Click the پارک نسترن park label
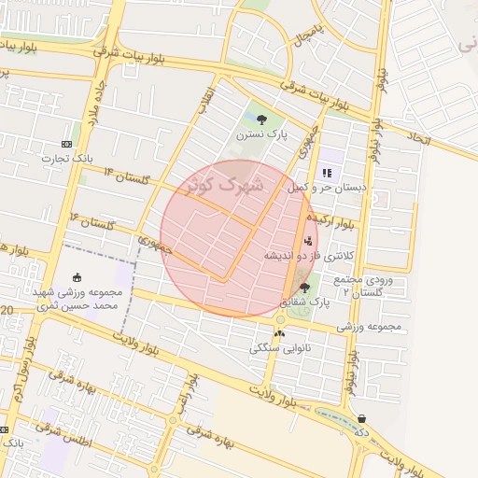(x=260, y=135)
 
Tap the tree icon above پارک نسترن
(x=261, y=119)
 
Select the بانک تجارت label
(x=65, y=159)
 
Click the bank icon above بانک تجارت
(x=65, y=144)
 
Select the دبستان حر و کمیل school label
(x=327, y=188)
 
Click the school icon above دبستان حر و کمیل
(x=327, y=173)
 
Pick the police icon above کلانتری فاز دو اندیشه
(x=308, y=241)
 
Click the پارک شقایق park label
(x=305, y=302)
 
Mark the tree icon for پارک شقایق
(x=304, y=287)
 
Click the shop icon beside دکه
(x=361, y=419)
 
